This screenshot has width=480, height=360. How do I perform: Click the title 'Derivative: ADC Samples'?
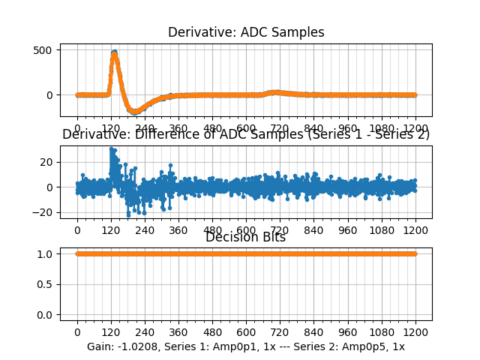tap(246, 32)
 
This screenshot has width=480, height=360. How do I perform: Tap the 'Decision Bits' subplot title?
tap(246, 238)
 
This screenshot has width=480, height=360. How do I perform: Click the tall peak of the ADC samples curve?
tap(114, 52)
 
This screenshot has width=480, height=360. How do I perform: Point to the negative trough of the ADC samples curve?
tap(135, 112)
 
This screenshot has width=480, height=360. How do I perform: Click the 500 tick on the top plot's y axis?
tap(43, 50)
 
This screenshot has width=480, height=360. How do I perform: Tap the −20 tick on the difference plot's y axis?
tap(43, 212)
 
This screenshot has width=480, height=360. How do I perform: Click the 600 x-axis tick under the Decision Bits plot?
tap(246, 332)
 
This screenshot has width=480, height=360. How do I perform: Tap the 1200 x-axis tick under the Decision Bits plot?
tap(415, 332)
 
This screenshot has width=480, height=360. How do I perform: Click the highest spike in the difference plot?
tap(111, 148)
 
